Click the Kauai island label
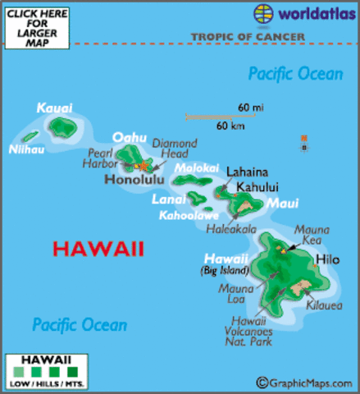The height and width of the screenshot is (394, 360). tap(54, 108)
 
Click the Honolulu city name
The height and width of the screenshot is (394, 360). tap(132, 180)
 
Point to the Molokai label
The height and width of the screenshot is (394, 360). tap(194, 167)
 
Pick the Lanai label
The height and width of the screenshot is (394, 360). tap(167, 199)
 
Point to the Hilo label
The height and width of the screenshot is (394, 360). tap(327, 260)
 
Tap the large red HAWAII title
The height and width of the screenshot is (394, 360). tap(97, 247)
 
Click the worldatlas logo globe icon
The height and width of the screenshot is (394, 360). tap(264, 14)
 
